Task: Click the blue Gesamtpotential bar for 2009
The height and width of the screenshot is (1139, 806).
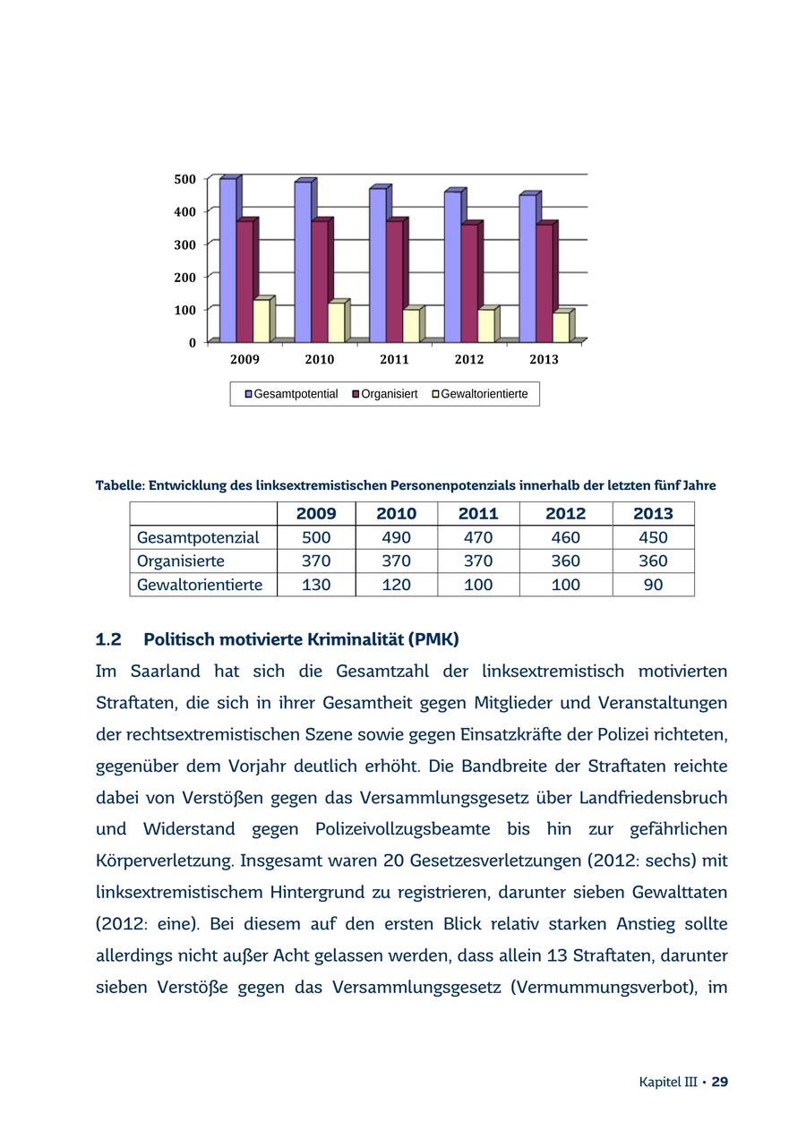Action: click(x=227, y=260)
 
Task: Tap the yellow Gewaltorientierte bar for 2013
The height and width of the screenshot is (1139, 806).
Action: click(x=560, y=327)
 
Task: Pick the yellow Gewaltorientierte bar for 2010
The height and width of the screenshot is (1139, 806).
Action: click(x=336, y=322)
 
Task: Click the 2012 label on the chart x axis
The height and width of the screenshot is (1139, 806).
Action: click(x=468, y=360)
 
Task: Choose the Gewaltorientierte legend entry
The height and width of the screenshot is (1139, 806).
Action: click(x=484, y=394)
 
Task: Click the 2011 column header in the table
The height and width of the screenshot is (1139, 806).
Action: click(x=477, y=514)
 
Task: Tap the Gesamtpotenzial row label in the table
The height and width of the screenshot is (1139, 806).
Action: click(x=198, y=537)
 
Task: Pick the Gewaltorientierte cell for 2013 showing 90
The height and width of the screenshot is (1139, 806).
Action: click(x=653, y=585)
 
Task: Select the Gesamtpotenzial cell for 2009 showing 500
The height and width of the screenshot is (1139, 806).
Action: click(x=316, y=537)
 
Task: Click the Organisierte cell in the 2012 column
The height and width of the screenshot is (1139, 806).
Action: click(x=565, y=561)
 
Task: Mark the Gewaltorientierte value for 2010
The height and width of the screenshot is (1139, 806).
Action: click(x=396, y=585)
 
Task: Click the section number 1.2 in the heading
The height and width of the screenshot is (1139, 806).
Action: click(x=108, y=639)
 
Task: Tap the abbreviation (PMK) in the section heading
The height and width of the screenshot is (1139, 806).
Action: click(x=433, y=639)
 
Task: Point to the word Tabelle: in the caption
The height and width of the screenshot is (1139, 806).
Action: click(x=120, y=485)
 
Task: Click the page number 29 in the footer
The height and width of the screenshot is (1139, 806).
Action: click(x=720, y=1082)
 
